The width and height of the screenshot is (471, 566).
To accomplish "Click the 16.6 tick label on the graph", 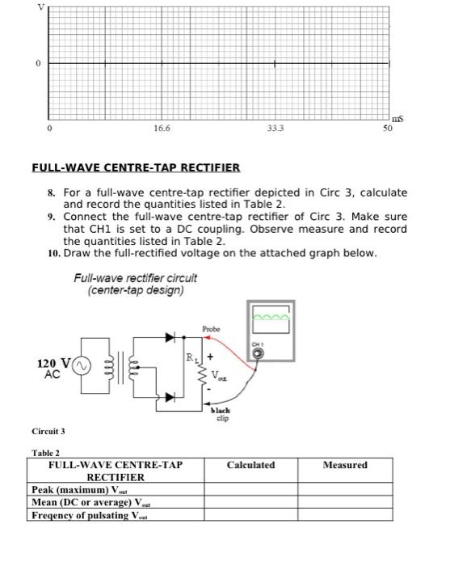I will (161, 128).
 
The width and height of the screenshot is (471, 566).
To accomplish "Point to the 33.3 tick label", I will (275, 128).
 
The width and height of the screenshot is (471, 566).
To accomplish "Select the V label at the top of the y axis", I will (35, 6).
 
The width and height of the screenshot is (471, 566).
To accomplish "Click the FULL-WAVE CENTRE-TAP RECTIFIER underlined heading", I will (136, 168).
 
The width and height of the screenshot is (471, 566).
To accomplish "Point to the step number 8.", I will (51, 193).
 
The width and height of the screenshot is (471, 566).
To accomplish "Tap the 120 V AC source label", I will (52, 369).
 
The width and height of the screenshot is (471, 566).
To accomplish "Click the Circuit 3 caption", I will (49, 431).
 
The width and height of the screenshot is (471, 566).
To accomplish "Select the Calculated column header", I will (250, 465).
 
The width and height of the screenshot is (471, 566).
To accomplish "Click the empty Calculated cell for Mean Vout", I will (250, 503).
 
